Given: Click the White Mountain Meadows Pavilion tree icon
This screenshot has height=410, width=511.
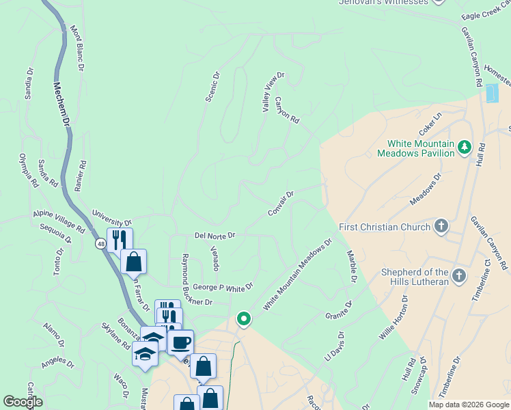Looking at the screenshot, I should pyautogui.click(x=465, y=147).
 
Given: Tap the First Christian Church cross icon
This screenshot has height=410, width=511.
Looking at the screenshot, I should pyautogui.click(x=441, y=226).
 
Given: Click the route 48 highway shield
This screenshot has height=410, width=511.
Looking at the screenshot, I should pyautogui.click(x=100, y=243).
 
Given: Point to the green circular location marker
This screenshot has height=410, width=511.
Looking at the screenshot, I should pyautogui.click(x=243, y=318).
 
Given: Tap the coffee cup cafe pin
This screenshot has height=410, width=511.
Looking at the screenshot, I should pyautogui.click(x=180, y=342).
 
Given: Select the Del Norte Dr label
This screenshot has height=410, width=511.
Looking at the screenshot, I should pyautogui.click(x=215, y=235).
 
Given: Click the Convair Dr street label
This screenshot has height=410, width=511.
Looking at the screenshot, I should pyautogui.click(x=280, y=204).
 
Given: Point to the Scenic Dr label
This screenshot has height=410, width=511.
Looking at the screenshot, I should pyautogui.click(x=212, y=87).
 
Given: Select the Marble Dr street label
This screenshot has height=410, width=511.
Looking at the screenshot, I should pyautogui.click(x=352, y=266).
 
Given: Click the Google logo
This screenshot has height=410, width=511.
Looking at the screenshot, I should pyautogui.click(x=23, y=402).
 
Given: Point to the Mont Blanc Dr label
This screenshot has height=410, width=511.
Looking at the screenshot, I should pyautogui.click(x=77, y=49).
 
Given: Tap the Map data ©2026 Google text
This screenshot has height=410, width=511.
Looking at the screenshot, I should pyautogui.click(x=469, y=405).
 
